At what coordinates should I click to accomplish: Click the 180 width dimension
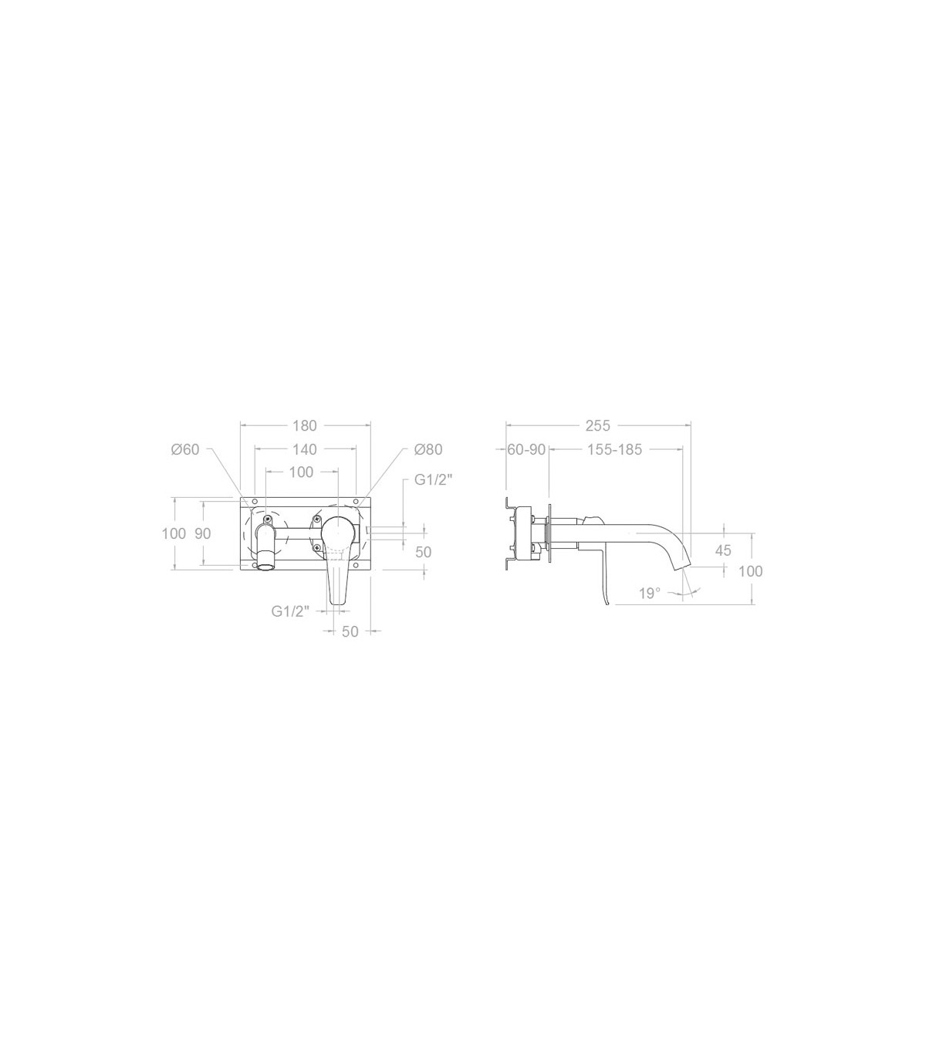point(304,425)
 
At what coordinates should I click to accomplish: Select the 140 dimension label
point(304,449)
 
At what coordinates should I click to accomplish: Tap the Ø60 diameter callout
point(185,449)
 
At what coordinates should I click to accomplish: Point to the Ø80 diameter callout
point(428,449)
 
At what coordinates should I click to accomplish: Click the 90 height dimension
point(203,533)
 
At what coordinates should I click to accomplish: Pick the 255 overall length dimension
point(597,425)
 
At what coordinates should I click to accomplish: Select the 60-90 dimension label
point(526,449)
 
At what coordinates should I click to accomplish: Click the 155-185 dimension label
point(614,449)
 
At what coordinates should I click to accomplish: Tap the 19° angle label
point(650,593)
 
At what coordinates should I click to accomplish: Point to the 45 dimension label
point(723,550)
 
